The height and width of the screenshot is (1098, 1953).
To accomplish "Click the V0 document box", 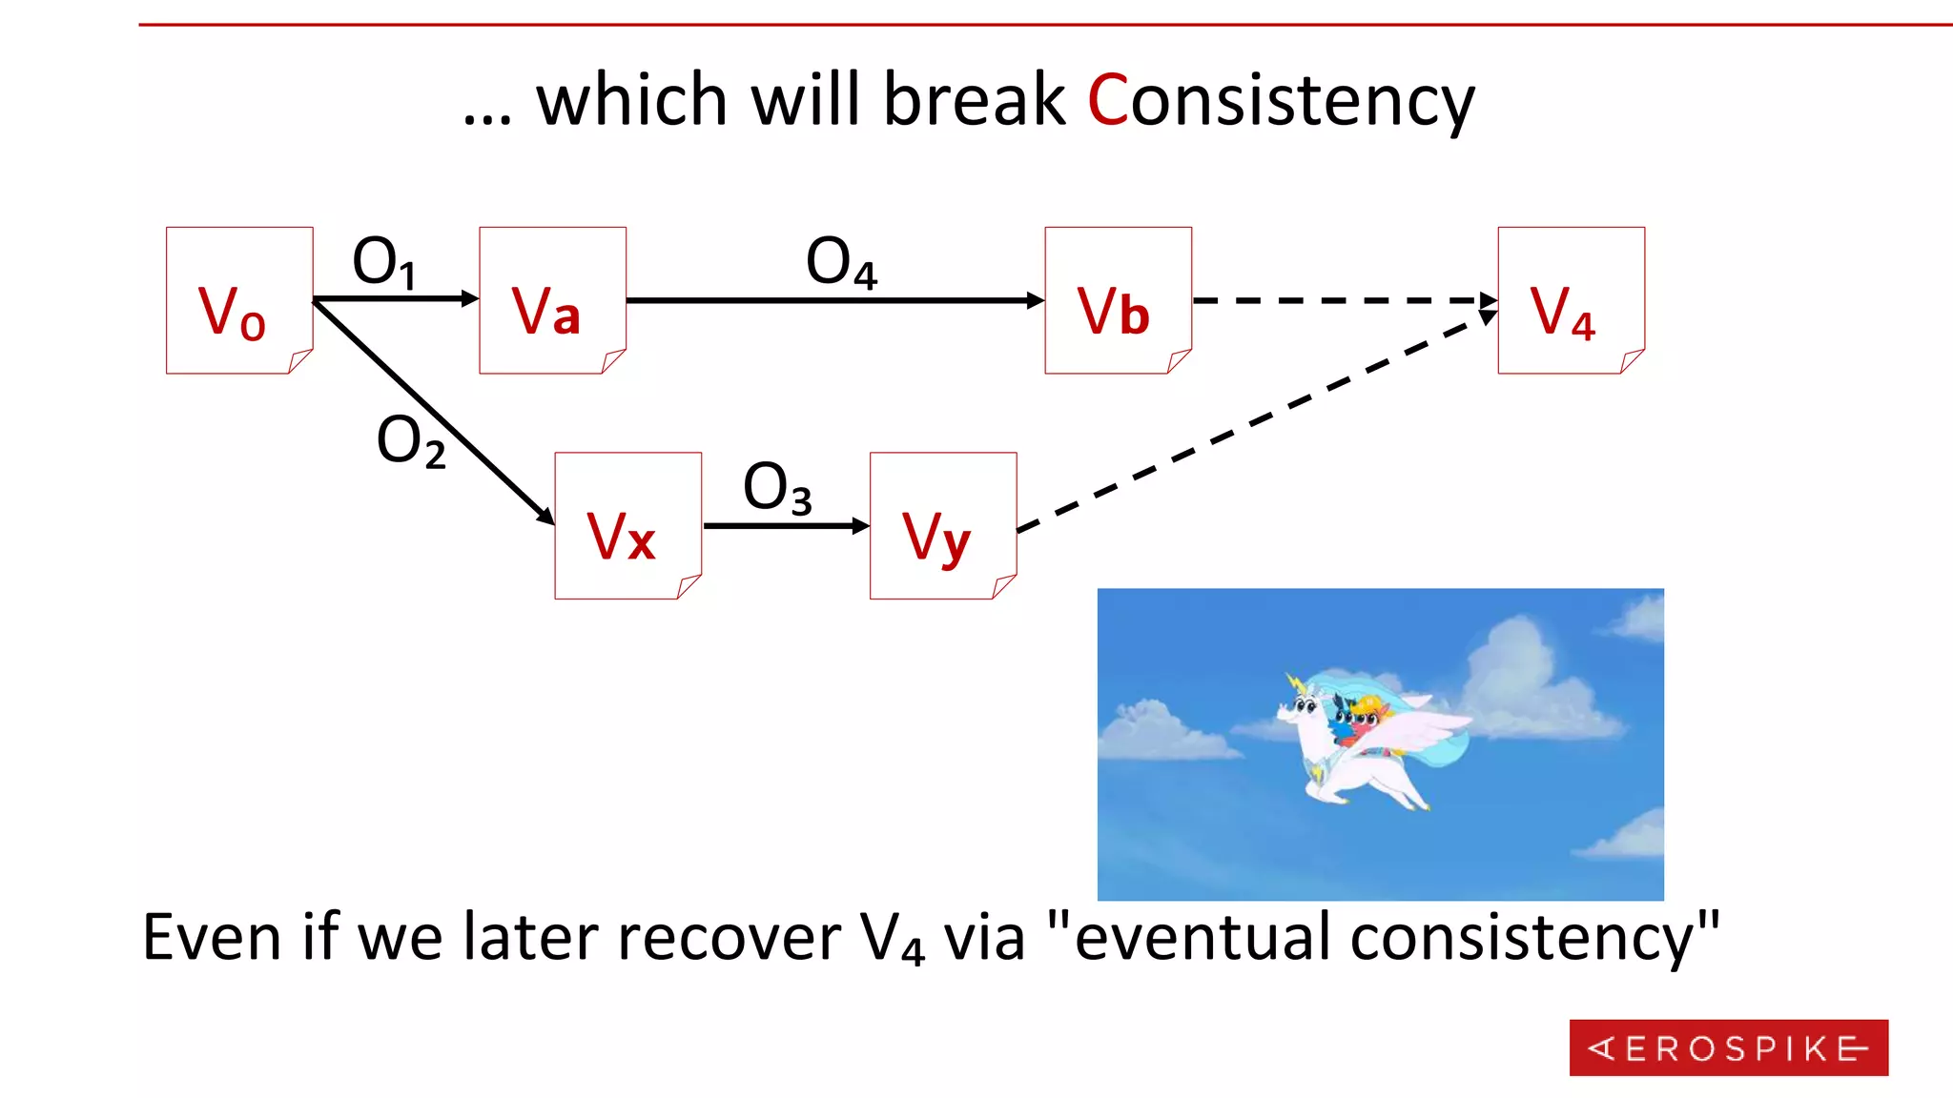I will [239, 300].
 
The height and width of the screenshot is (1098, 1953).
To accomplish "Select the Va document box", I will [552, 300].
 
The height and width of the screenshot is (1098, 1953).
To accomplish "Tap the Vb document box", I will [1118, 300].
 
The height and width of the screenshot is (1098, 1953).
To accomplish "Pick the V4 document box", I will [1571, 300].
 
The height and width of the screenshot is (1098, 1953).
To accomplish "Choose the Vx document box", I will [627, 525].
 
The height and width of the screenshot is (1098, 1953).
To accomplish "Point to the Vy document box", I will [942, 525].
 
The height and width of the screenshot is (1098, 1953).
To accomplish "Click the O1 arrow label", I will [383, 262].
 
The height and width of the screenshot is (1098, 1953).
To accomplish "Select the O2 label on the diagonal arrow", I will [410, 441].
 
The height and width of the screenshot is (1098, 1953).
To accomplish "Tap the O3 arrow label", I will [776, 488].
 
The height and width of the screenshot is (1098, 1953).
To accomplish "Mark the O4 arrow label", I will [840, 262].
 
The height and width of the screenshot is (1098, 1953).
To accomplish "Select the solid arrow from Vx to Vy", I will [784, 525].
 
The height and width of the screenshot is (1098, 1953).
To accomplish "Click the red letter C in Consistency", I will [1107, 100].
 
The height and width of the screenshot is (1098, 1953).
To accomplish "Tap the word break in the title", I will [974, 100].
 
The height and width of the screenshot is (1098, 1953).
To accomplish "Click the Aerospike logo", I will [1728, 1047].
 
